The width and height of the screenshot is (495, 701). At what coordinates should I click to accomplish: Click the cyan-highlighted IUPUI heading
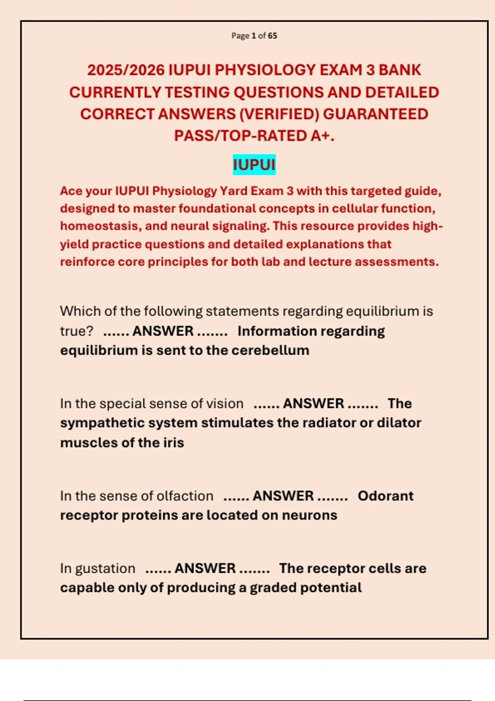pos(254,165)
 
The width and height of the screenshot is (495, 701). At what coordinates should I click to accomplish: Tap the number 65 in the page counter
pos(272,36)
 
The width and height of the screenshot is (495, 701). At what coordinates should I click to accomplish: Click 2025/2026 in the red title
pos(126,70)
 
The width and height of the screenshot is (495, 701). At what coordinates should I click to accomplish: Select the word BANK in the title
pos(400,70)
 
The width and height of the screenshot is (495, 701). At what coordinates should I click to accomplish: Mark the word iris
pos(173,442)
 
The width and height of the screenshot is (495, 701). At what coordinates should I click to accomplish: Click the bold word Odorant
pos(385,496)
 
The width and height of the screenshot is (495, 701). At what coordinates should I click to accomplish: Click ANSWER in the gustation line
pos(205,568)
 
